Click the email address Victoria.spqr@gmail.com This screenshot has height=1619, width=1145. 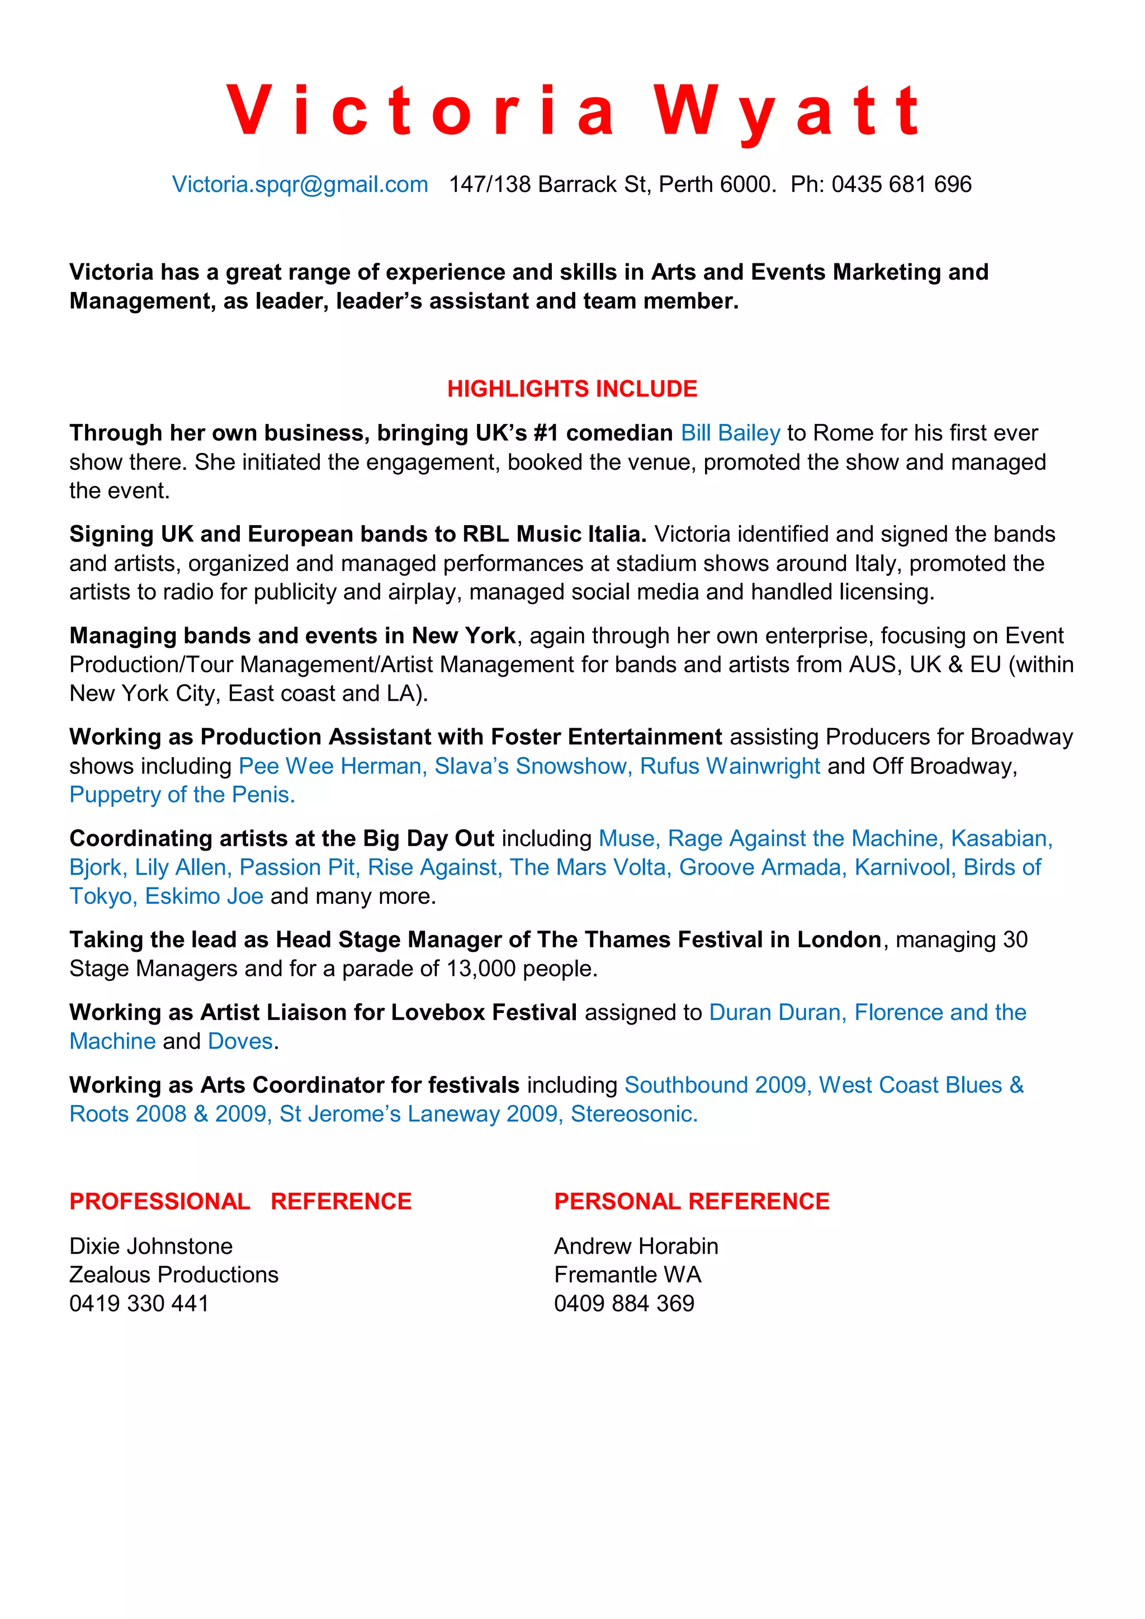click(300, 185)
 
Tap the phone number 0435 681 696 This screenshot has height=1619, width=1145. click(901, 185)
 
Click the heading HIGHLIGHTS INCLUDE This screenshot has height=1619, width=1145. click(572, 389)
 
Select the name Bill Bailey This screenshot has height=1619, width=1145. click(730, 433)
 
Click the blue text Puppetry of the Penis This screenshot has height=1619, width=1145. click(182, 795)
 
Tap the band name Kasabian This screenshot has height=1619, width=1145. click(1001, 838)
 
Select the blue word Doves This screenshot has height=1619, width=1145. click(240, 1041)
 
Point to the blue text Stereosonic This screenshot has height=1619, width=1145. click(634, 1114)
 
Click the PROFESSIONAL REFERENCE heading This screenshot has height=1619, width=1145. click(240, 1202)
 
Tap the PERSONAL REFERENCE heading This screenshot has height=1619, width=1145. click(692, 1202)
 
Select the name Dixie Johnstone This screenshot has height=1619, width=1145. click(151, 1247)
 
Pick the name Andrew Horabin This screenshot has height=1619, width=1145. click(636, 1247)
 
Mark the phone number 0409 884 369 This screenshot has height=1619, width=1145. click(624, 1304)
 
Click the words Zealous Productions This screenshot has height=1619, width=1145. click(173, 1275)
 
